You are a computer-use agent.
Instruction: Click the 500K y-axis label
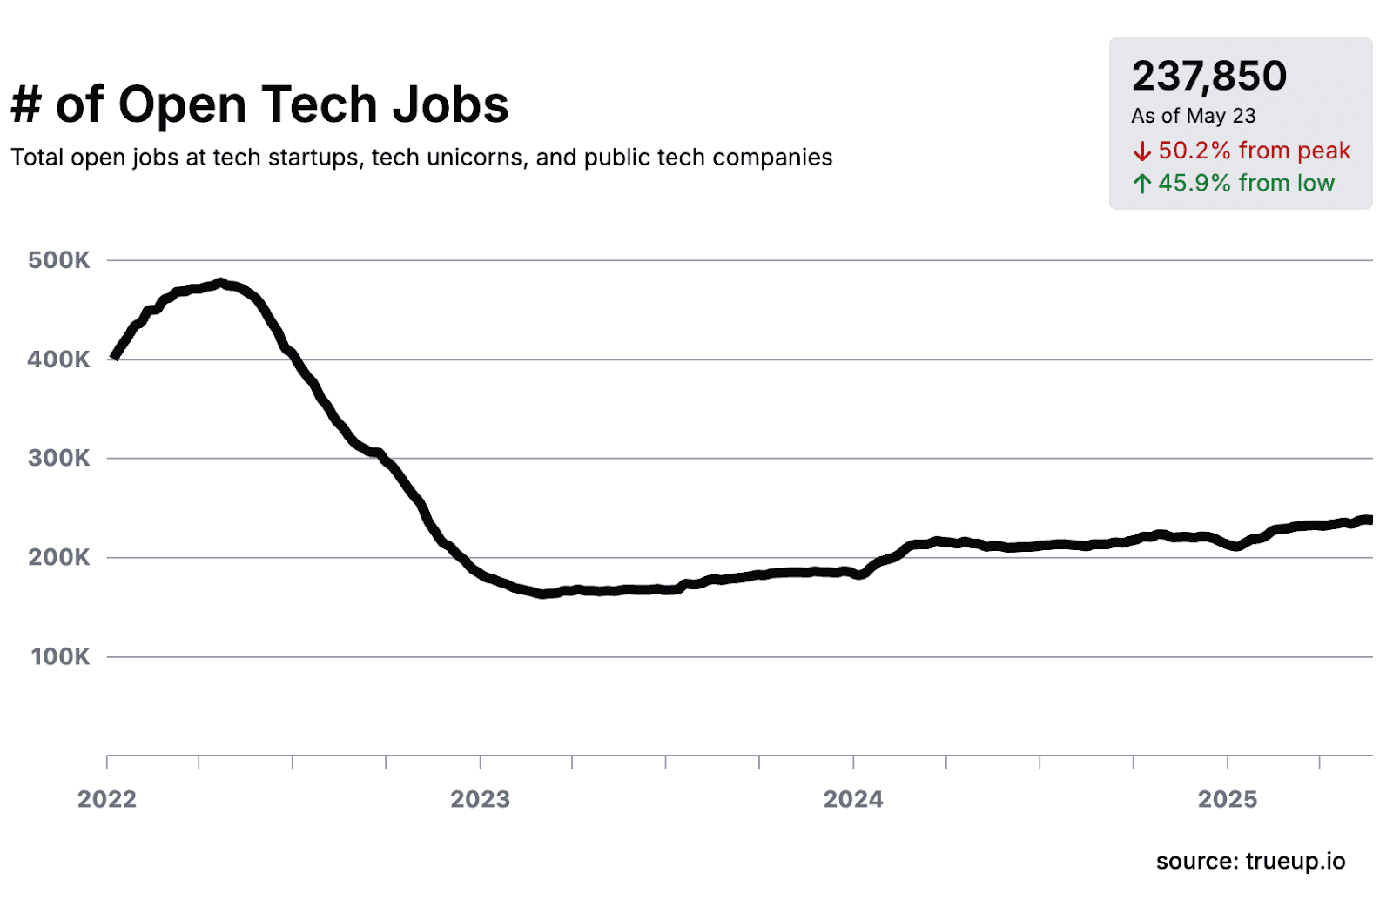click(x=58, y=260)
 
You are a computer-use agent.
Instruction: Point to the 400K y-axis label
click(x=58, y=359)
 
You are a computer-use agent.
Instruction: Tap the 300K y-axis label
click(x=58, y=458)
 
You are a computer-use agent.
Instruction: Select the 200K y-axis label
click(x=58, y=557)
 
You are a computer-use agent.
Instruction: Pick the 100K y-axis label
click(x=60, y=656)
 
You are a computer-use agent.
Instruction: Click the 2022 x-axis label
click(x=107, y=799)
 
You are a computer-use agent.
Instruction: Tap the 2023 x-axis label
click(x=480, y=799)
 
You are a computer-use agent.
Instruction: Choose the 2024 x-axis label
click(x=853, y=799)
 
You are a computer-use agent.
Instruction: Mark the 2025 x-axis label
click(x=1227, y=799)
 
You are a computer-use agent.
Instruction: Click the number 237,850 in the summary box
click(x=1208, y=77)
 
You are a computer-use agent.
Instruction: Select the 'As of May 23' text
click(x=1193, y=116)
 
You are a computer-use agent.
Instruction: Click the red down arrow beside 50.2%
click(x=1141, y=152)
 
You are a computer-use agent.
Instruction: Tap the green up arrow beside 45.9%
click(x=1141, y=184)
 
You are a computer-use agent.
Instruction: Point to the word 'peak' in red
click(x=1323, y=151)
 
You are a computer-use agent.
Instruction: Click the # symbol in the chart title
click(x=25, y=105)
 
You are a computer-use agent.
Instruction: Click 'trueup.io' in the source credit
click(x=1295, y=862)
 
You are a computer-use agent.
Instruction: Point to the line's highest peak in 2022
click(x=221, y=283)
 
